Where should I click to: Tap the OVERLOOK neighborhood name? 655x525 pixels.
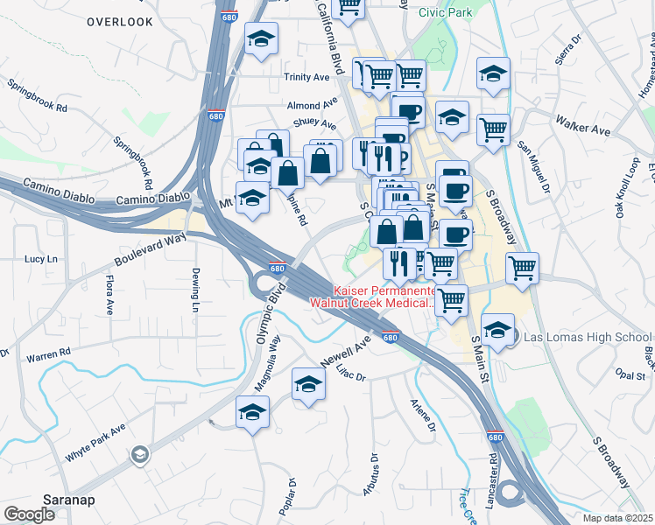coord(120,21)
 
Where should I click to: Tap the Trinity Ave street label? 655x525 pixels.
coord(306,77)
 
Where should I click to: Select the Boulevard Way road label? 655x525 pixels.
coord(150,249)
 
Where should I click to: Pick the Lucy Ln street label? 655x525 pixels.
coord(40,259)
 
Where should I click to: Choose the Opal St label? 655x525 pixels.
coord(630,375)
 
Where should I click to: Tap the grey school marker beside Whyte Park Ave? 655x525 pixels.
coord(139,455)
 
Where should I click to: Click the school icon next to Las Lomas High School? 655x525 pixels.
coord(498,331)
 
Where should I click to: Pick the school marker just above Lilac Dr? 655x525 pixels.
coord(308,385)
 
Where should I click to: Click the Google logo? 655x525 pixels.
coord(30,514)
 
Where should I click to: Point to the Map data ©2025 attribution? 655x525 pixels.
coord(618,518)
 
